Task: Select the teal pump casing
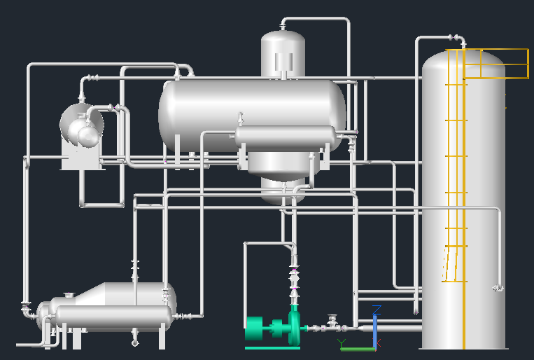tap(294, 324)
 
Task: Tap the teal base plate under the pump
tap(272, 347)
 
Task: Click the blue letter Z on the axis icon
tap(377, 309)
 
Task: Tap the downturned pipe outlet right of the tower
tap(498, 287)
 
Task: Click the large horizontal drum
tap(252, 112)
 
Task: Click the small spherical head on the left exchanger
tap(88, 134)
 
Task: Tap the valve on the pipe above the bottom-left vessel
tap(134, 268)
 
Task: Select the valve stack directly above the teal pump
tap(295, 280)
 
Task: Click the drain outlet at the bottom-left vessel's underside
tap(135, 342)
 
